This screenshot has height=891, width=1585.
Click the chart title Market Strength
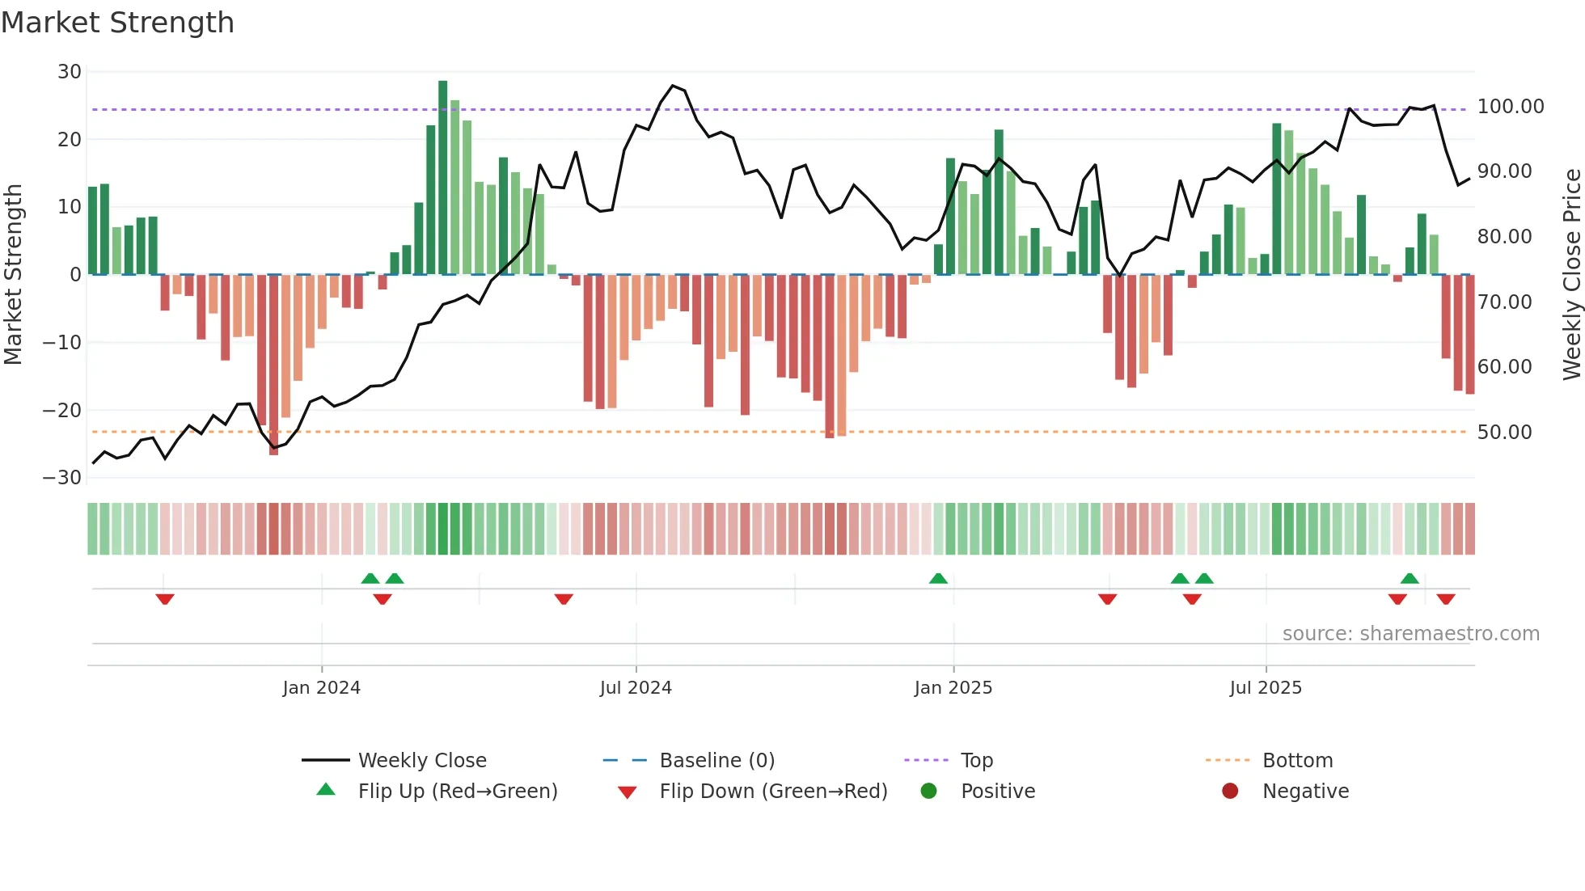click(117, 23)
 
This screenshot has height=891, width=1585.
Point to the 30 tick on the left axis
click(70, 72)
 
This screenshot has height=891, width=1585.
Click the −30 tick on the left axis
click(62, 478)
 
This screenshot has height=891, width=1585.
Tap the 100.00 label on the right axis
click(1510, 107)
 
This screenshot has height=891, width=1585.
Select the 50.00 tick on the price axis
click(1504, 433)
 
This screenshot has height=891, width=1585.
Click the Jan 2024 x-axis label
click(321, 688)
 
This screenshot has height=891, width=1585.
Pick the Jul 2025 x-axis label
click(1266, 688)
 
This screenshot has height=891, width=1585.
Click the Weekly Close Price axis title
click(1571, 275)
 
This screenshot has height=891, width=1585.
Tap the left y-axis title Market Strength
click(13, 275)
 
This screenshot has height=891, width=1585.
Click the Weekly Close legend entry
click(421, 761)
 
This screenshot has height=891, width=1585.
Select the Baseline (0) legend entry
click(716, 761)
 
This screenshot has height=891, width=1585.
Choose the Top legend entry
click(976, 761)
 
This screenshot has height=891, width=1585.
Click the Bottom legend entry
click(1297, 761)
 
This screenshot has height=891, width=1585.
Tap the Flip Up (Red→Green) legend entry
click(457, 792)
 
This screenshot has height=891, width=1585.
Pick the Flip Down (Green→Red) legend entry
click(772, 792)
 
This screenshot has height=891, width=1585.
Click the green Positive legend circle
click(928, 792)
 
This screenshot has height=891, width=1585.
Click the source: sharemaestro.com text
click(1410, 634)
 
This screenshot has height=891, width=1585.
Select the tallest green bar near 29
click(442, 178)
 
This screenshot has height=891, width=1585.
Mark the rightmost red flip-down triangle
click(1446, 599)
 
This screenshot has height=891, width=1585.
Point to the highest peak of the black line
click(673, 86)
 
